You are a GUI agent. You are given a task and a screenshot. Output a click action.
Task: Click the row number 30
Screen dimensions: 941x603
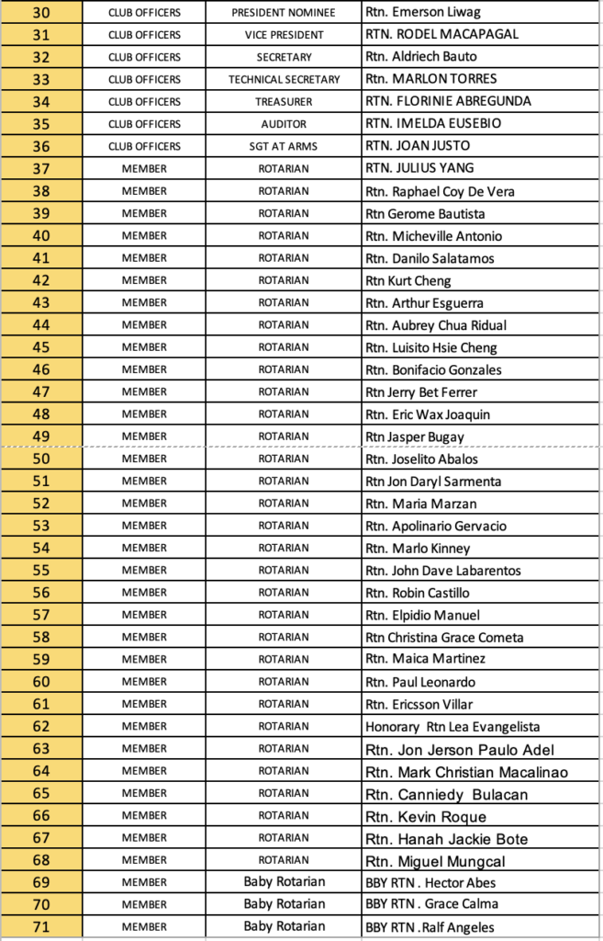41,13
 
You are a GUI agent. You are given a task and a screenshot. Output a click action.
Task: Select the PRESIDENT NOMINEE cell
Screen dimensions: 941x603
284,13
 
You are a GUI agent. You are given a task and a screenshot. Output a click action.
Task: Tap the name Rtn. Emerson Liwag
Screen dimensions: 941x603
423,13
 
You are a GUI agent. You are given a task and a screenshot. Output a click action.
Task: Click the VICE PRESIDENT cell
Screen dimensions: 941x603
284,35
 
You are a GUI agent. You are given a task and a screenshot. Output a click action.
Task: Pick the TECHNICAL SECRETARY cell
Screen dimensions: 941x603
284,79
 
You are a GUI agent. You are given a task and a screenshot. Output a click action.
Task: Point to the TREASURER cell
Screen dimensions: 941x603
284,102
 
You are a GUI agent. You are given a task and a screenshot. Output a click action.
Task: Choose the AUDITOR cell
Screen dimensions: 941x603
284,124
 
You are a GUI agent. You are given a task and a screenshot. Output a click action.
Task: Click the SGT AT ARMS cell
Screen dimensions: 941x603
284,146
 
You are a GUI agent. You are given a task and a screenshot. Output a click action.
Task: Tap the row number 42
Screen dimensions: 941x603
41,280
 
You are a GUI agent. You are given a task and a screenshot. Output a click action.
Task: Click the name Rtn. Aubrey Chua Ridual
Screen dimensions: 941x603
436,325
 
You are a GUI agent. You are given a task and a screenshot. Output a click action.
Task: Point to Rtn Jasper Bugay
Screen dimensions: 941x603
415,436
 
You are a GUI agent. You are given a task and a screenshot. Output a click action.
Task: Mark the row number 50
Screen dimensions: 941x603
41,459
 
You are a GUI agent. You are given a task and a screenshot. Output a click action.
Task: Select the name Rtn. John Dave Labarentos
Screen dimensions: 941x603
442,571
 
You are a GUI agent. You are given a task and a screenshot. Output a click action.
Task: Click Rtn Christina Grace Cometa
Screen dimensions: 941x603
444,637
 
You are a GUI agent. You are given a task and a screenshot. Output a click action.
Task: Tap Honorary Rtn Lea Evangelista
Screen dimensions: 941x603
452,726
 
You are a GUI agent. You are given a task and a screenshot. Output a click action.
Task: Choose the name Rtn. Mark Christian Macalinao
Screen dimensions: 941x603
466,772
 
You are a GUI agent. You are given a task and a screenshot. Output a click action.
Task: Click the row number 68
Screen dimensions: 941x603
41,860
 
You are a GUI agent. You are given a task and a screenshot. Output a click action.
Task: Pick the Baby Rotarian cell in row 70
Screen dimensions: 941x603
284,904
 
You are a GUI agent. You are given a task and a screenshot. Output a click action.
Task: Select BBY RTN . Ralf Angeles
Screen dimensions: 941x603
430,927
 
